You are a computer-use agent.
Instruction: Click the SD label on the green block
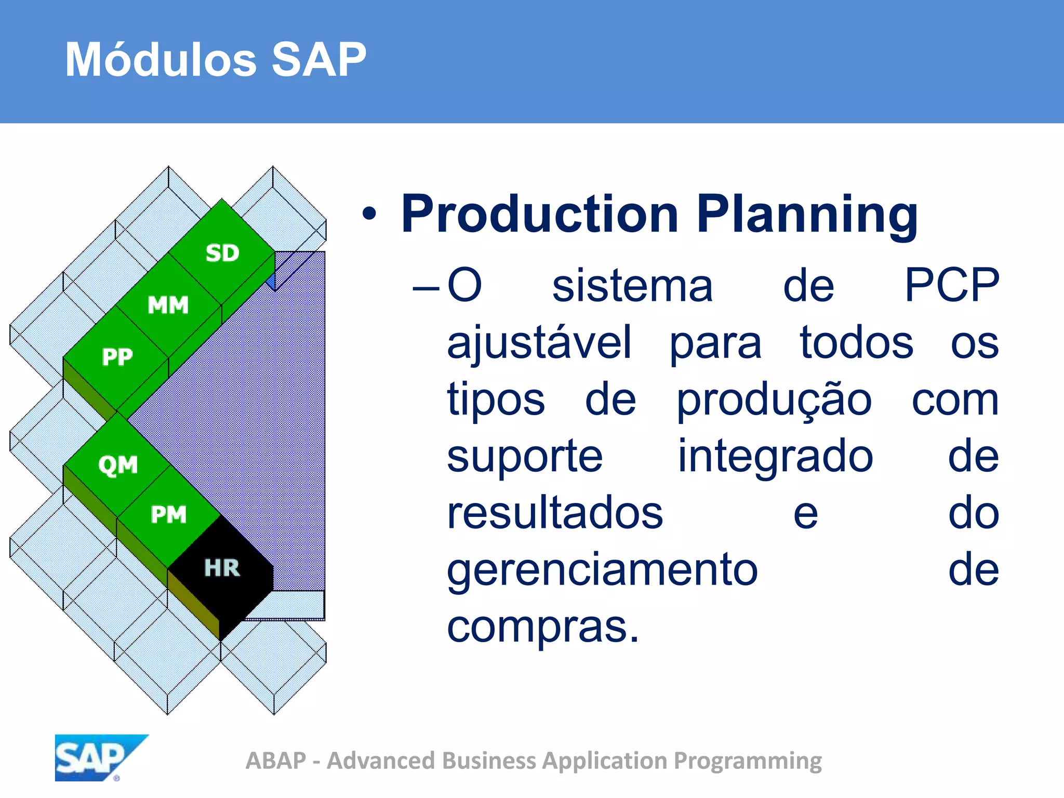pos(222,253)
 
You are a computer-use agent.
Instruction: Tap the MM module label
pos(168,305)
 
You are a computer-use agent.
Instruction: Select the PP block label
pos(117,357)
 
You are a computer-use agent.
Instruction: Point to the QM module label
pos(118,464)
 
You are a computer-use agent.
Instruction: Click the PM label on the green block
pos(168,515)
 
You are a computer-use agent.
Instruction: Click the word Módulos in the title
pos(161,60)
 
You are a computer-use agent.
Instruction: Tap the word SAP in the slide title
pos(318,60)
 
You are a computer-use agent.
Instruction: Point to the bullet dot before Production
pos(369,214)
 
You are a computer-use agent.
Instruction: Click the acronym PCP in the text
pos(951,285)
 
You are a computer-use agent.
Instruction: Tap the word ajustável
pos(539,343)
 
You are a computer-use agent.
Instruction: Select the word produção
pos(774,401)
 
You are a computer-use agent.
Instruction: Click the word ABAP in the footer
pos(276,761)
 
